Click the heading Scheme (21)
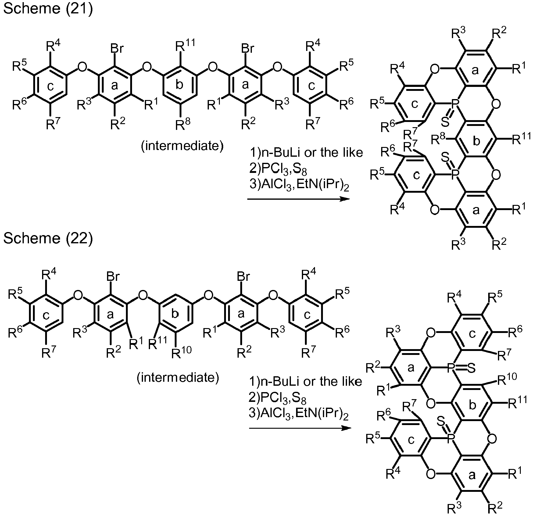tap(48, 8)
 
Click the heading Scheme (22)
tap(48, 238)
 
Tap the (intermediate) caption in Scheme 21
tap(182, 146)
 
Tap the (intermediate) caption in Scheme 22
tap(178, 378)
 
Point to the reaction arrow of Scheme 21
tap(298, 199)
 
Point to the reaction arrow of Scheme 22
tap(300, 428)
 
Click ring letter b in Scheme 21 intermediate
tap(179, 85)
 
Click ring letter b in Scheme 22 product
tap(472, 405)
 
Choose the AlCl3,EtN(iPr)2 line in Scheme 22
tap(299, 414)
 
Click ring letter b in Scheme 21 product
tap(476, 141)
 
